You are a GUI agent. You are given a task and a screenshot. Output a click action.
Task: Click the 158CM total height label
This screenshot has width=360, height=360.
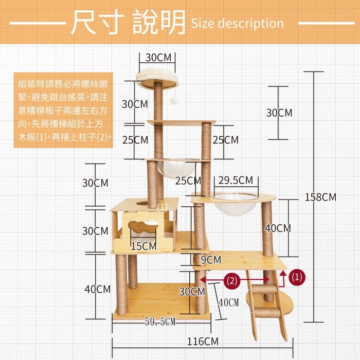320,197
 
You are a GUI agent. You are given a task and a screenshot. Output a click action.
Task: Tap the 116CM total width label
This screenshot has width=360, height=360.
203,341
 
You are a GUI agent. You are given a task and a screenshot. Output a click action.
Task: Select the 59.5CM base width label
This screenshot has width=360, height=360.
160,321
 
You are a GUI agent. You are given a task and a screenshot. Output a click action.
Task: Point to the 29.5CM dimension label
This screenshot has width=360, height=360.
236,180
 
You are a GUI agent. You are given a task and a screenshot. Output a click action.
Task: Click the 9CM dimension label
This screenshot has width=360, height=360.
211,260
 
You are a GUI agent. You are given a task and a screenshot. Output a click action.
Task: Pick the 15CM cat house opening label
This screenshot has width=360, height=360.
143,246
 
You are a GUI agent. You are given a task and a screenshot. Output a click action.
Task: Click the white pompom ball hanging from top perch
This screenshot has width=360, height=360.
174,100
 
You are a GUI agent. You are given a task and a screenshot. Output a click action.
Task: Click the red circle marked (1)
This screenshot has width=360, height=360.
297,277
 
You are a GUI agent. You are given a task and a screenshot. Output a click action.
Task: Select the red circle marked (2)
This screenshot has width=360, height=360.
231,281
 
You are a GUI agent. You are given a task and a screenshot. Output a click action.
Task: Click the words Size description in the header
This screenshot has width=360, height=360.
238,23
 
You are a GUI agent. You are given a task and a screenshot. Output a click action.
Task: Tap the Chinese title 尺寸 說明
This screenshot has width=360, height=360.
128,22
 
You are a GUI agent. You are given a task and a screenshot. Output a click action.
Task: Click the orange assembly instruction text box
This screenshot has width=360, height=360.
63,110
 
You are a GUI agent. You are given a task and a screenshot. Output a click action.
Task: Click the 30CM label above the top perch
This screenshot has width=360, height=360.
158,58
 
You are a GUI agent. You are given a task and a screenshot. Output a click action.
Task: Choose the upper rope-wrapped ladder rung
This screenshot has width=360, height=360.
264,289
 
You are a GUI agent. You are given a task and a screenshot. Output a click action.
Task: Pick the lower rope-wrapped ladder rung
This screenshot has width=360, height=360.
267,313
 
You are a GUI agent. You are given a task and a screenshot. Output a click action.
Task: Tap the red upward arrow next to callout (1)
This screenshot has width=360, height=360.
283,278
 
